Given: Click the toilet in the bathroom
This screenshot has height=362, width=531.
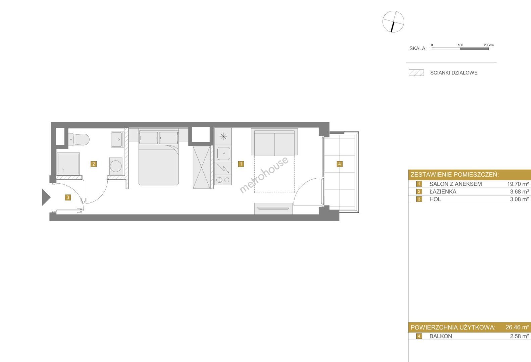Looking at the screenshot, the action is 79,139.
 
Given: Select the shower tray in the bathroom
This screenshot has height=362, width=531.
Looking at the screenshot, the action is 68,164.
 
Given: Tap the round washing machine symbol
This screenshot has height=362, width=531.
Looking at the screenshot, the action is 116,166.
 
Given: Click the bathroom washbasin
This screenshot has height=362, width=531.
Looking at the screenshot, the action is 118,139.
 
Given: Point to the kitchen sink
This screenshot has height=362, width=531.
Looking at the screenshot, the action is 223,154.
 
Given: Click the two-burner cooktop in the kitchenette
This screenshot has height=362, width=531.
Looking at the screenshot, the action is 223,180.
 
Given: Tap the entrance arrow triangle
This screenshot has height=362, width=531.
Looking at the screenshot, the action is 46,197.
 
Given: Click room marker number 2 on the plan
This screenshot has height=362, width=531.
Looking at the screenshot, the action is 94,164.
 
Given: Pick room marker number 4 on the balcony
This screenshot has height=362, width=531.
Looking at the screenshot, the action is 339,164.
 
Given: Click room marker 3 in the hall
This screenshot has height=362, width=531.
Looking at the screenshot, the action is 68,197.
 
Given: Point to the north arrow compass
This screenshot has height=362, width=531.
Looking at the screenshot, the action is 393,21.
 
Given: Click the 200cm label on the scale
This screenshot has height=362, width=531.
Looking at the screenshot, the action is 489,45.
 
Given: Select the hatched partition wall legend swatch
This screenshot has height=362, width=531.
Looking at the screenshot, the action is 416,73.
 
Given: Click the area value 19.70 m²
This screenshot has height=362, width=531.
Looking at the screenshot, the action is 518,184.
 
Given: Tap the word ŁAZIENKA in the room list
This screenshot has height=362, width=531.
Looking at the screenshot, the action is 443,191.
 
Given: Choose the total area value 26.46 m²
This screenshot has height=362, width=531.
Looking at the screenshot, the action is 517,327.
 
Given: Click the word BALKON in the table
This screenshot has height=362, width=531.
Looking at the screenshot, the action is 441,336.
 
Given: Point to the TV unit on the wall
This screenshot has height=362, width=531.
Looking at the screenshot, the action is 273,208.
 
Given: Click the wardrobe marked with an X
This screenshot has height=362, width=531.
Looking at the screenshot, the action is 202,167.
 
